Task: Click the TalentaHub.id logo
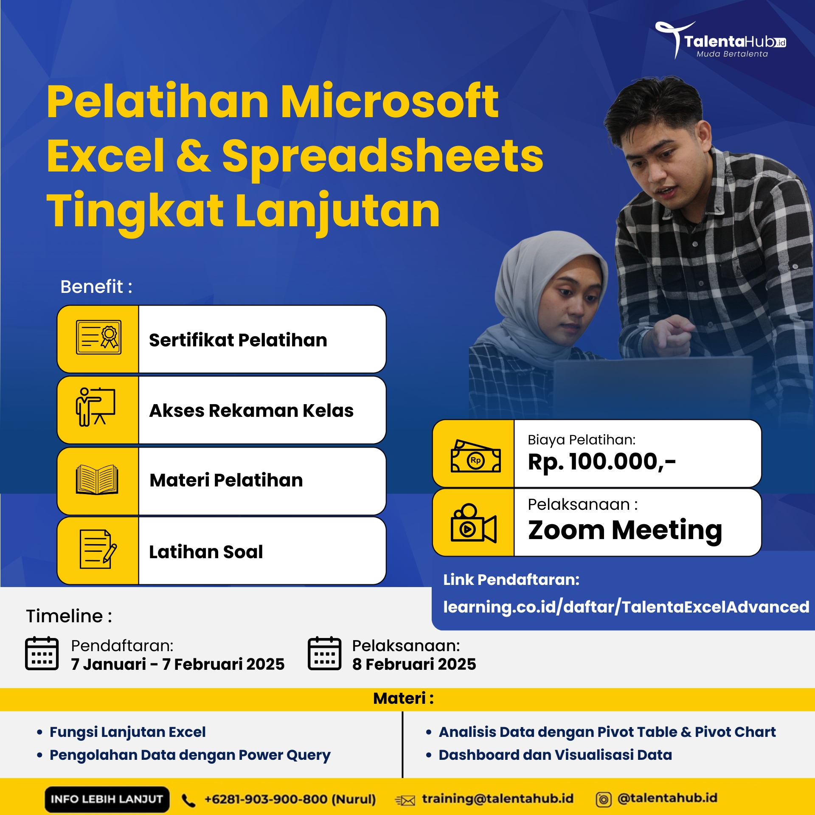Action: tap(720, 40)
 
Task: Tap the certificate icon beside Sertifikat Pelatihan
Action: tap(98, 337)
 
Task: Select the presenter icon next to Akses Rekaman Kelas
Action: tap(96, 407)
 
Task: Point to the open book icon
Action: tap(97, 480)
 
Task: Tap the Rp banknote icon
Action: tap(475, 456)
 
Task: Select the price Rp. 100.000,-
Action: tap(601, 462)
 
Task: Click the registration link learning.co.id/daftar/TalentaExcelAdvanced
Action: tap(626, 607)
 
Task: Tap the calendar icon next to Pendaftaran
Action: tap(42, 653)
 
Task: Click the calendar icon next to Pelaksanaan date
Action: tap(324, 653)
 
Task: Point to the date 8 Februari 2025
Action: tap(414, 664)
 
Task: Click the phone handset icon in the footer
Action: tap(188, 801)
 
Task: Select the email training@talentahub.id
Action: tap(497, 798)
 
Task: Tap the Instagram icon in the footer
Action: tap(604, 800)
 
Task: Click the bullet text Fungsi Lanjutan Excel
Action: tap(127, 732)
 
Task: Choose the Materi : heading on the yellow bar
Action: tap(404, 698)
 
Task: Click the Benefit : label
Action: tap(96, 287)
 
